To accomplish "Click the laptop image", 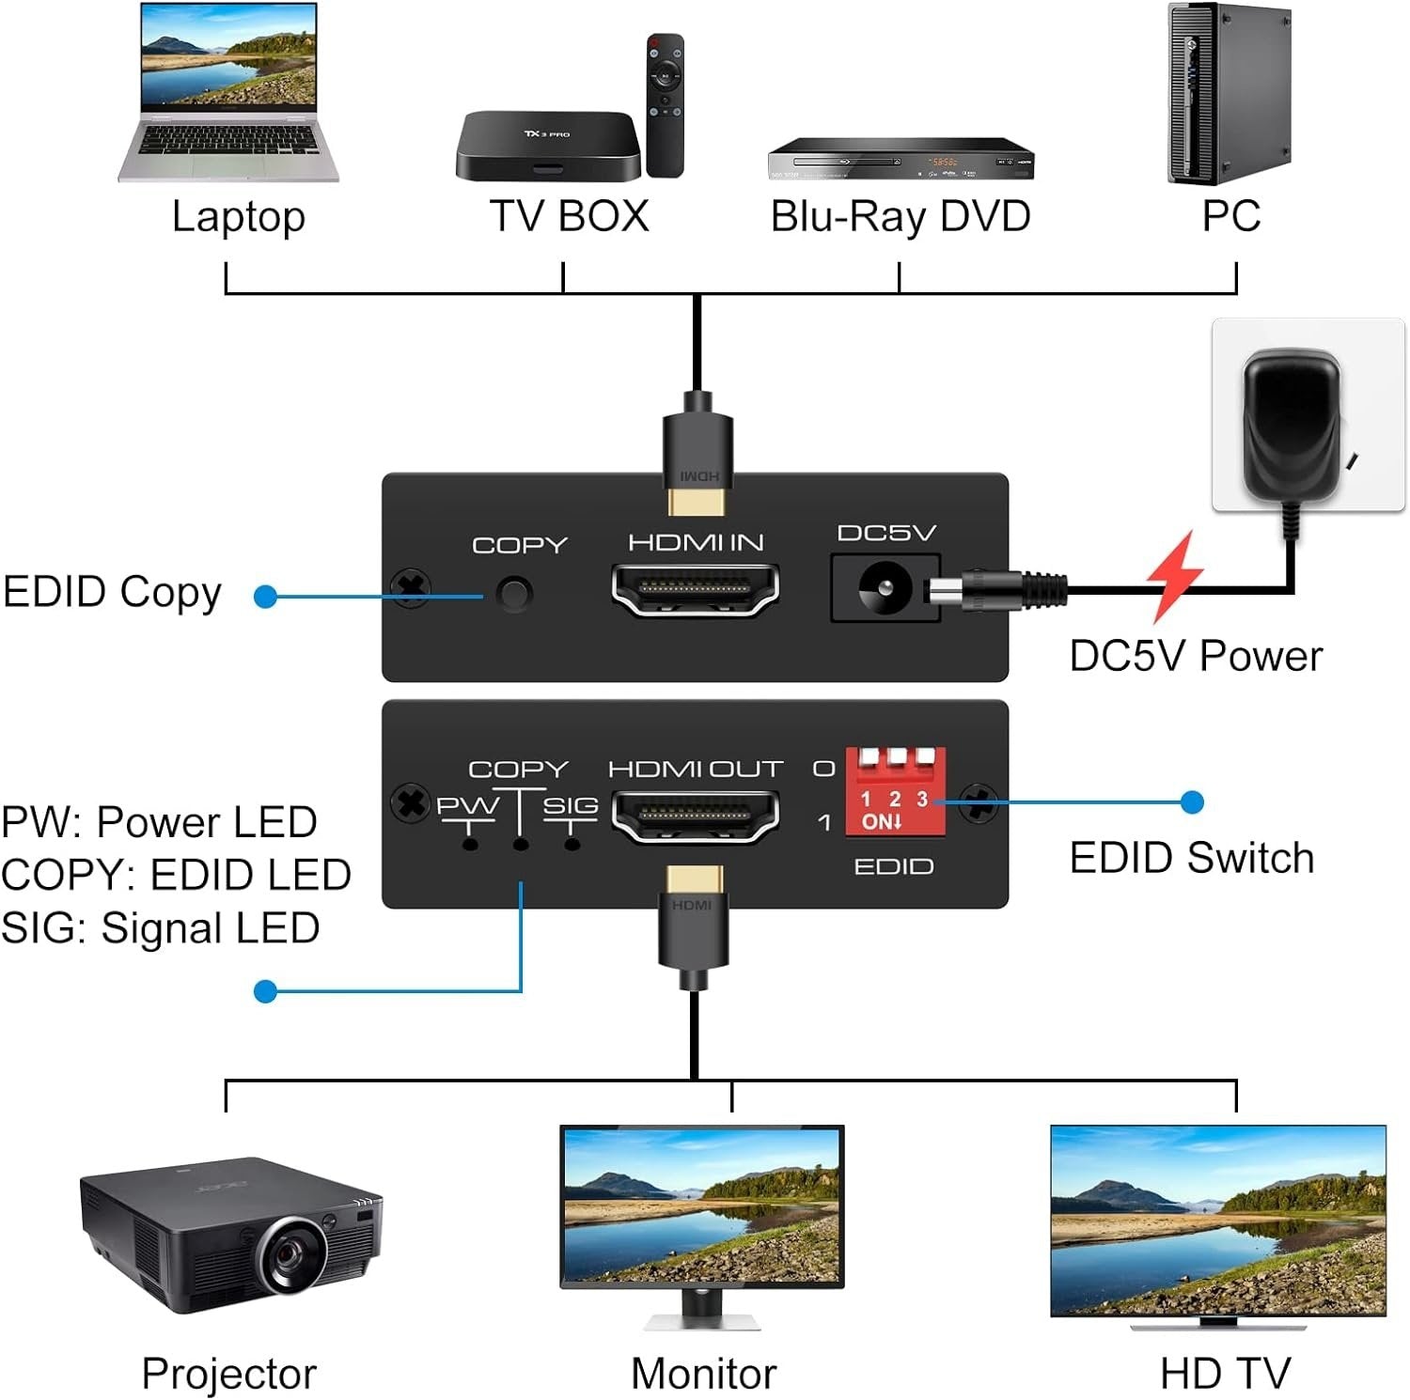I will (x=228, y=94).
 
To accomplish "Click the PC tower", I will (x=1229, y=94).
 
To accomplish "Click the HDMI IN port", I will (x=696, y=589).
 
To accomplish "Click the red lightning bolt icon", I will (x=1174, y=575).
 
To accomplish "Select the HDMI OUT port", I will (x=696, y=815).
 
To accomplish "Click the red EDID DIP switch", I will (x=895, y=791).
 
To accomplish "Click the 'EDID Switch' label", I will (x=1191, y=858).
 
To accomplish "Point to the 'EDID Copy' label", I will (x=112, y=592).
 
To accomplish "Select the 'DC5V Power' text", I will (x=1195, y=656).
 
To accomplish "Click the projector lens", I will (x=293, y=1254).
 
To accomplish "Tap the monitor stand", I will (x=702, y=1308).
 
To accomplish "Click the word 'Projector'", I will (x=228, y=1374).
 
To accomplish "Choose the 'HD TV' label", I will (x=1225, y=1374).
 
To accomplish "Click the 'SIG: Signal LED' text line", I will (x=161, y=928).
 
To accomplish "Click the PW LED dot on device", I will (x=470, y=845).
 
